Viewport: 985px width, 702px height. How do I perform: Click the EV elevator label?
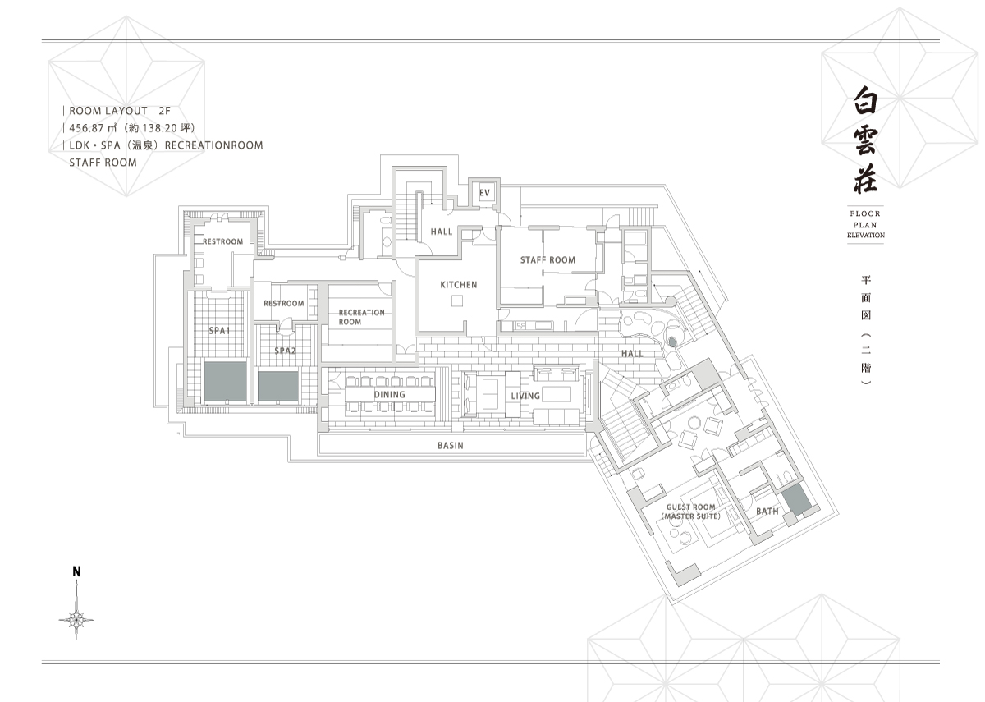(x=484, y=193)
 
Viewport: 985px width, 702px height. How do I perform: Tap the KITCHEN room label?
(x=459, y=285)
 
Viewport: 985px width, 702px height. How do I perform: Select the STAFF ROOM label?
(x=548, y=260)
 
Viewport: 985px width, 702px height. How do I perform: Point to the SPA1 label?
(x=219, y=330)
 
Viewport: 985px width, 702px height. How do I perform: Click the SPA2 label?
(x=285, y=351)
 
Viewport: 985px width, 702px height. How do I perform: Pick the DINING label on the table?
(x=390, y=395)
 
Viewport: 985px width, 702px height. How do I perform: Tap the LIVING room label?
(x=525, y=396)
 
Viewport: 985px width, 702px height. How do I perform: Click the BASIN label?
(x=451, y=446)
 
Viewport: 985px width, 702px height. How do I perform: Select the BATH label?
(x=767, y=511)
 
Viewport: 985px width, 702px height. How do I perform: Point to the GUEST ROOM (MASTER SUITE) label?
(x=691, y=512)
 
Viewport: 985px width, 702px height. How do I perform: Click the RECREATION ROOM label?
(x=361, y=317)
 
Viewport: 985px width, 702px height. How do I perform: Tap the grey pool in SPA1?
(x=225, y=381)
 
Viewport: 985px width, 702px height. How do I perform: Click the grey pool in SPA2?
(x=278, y=386)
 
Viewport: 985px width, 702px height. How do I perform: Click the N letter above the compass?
(x=76, y=571)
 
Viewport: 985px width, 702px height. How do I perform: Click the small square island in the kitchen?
(x=457, y=301)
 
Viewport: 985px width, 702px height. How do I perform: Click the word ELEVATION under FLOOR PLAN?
(x=866, y=236)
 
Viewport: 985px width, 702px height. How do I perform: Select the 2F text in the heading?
(x=164, y=111)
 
